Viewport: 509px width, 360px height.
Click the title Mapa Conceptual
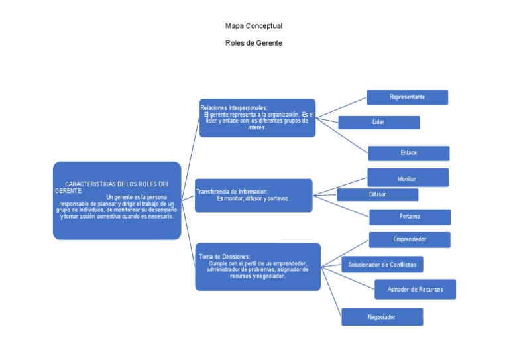coord(254,26)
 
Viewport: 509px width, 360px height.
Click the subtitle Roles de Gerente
coord(254,43)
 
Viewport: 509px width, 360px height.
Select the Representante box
coord(407,97)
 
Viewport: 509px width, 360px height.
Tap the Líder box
coord(378,123)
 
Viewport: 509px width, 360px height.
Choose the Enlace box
coord(408,153)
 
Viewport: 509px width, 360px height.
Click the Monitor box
coord(407,178)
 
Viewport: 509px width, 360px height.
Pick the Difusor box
coord(377,194)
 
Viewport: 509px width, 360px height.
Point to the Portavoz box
coord(410,217)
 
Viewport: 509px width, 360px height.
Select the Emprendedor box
coord(410,239)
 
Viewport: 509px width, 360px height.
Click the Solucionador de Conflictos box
coord(382,265)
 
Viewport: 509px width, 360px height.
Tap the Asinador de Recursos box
coord(415,290)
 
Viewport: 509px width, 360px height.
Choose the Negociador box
coord(382,317)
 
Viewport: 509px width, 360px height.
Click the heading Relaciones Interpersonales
coord(233,107)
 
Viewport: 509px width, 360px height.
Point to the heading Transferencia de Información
coord(232,192)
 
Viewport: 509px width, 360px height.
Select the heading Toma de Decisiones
coord(224,256)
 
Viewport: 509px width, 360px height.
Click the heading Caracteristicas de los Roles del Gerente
coord(117,186)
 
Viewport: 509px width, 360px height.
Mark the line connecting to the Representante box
coord(341,109)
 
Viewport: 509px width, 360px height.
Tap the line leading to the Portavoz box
coord(341,205)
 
